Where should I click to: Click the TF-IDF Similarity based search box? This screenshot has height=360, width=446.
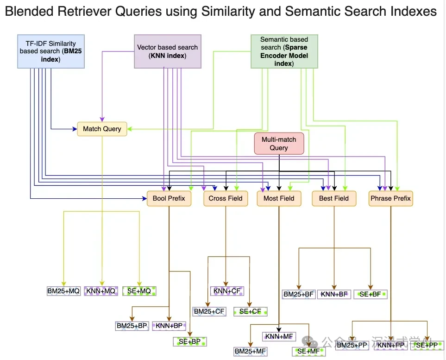coord(50,51)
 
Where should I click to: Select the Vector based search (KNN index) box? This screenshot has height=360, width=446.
coord(167,51)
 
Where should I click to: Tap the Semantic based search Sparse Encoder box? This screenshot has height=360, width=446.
coord(284,51)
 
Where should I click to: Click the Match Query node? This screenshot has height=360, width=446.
coord(102,129)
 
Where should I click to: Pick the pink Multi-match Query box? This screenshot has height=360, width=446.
coord(279,143)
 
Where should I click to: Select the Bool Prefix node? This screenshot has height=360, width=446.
coord(169,198)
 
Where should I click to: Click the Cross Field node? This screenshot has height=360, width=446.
coord(226,198)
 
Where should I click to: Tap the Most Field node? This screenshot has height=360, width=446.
coord(279,198)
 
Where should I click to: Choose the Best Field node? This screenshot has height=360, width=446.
coord(333,198)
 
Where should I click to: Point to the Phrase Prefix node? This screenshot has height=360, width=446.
coord(390,198)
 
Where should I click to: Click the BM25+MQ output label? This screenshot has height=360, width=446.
coord(63,291)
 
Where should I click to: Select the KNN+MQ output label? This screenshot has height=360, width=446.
coord(101,291)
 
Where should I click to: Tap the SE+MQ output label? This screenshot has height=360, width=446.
coord(139,291)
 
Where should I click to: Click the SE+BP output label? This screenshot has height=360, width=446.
coord(189,341)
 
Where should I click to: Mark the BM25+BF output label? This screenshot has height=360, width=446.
coord(299,294)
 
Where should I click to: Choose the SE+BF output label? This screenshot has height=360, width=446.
coord(370,294)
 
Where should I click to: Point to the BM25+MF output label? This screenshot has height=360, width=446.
coord(250,352)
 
